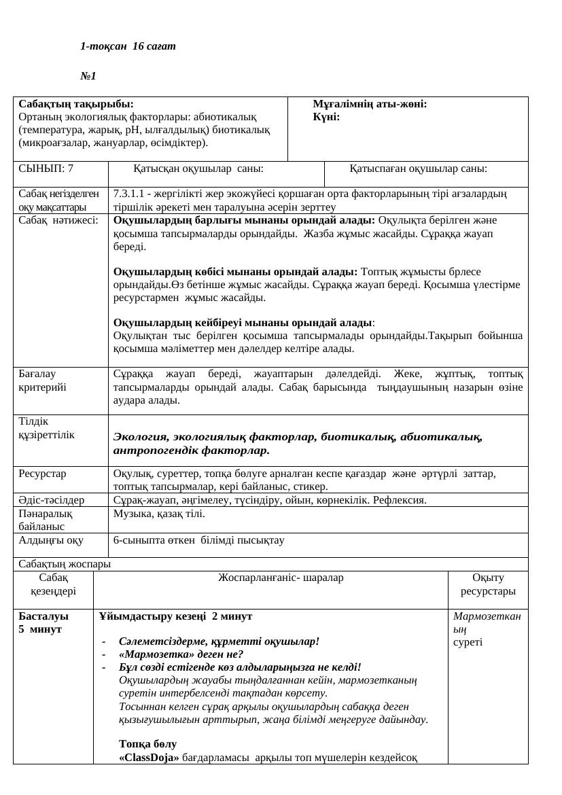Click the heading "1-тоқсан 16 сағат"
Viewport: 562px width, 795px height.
(128, 46)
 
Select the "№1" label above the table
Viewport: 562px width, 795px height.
(88, 76)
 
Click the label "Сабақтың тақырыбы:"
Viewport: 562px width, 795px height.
(76, 105)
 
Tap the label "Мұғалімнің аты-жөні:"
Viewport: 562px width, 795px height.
(370, 105)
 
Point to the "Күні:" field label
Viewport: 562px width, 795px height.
(326, 117)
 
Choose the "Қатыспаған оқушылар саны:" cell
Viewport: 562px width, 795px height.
(418, 169)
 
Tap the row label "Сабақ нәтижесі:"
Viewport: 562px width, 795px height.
(58, 220)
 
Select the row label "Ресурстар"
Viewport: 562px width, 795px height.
(42, 473)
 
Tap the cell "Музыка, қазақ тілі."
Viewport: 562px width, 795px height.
(159, 514)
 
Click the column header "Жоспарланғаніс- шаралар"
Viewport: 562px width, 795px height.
(281, 578)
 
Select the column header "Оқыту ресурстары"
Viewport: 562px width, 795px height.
(488, 584)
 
